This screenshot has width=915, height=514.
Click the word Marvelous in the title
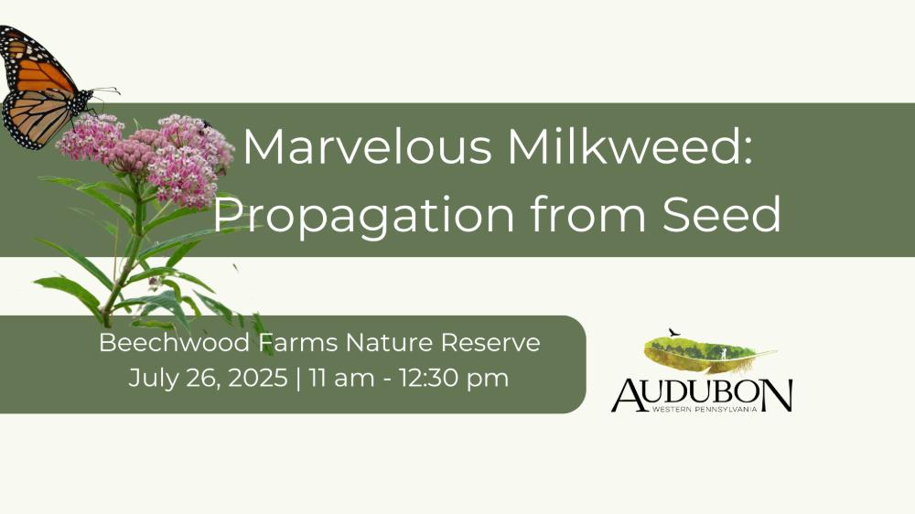tap(368, 146)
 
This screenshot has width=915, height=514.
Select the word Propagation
tap(363, 215)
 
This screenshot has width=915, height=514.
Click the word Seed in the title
tap(722, 214)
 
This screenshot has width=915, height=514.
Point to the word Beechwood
tap(175, 342)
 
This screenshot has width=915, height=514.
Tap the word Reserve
tap(490, 342)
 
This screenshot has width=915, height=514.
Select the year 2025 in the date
tap(257, 378)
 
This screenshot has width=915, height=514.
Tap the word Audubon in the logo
tap(702, 395)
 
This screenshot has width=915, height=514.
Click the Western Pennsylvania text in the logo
tap(705, 410)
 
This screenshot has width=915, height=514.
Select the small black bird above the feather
tap(674, 333)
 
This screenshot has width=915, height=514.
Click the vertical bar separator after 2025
tap(299, 378)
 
